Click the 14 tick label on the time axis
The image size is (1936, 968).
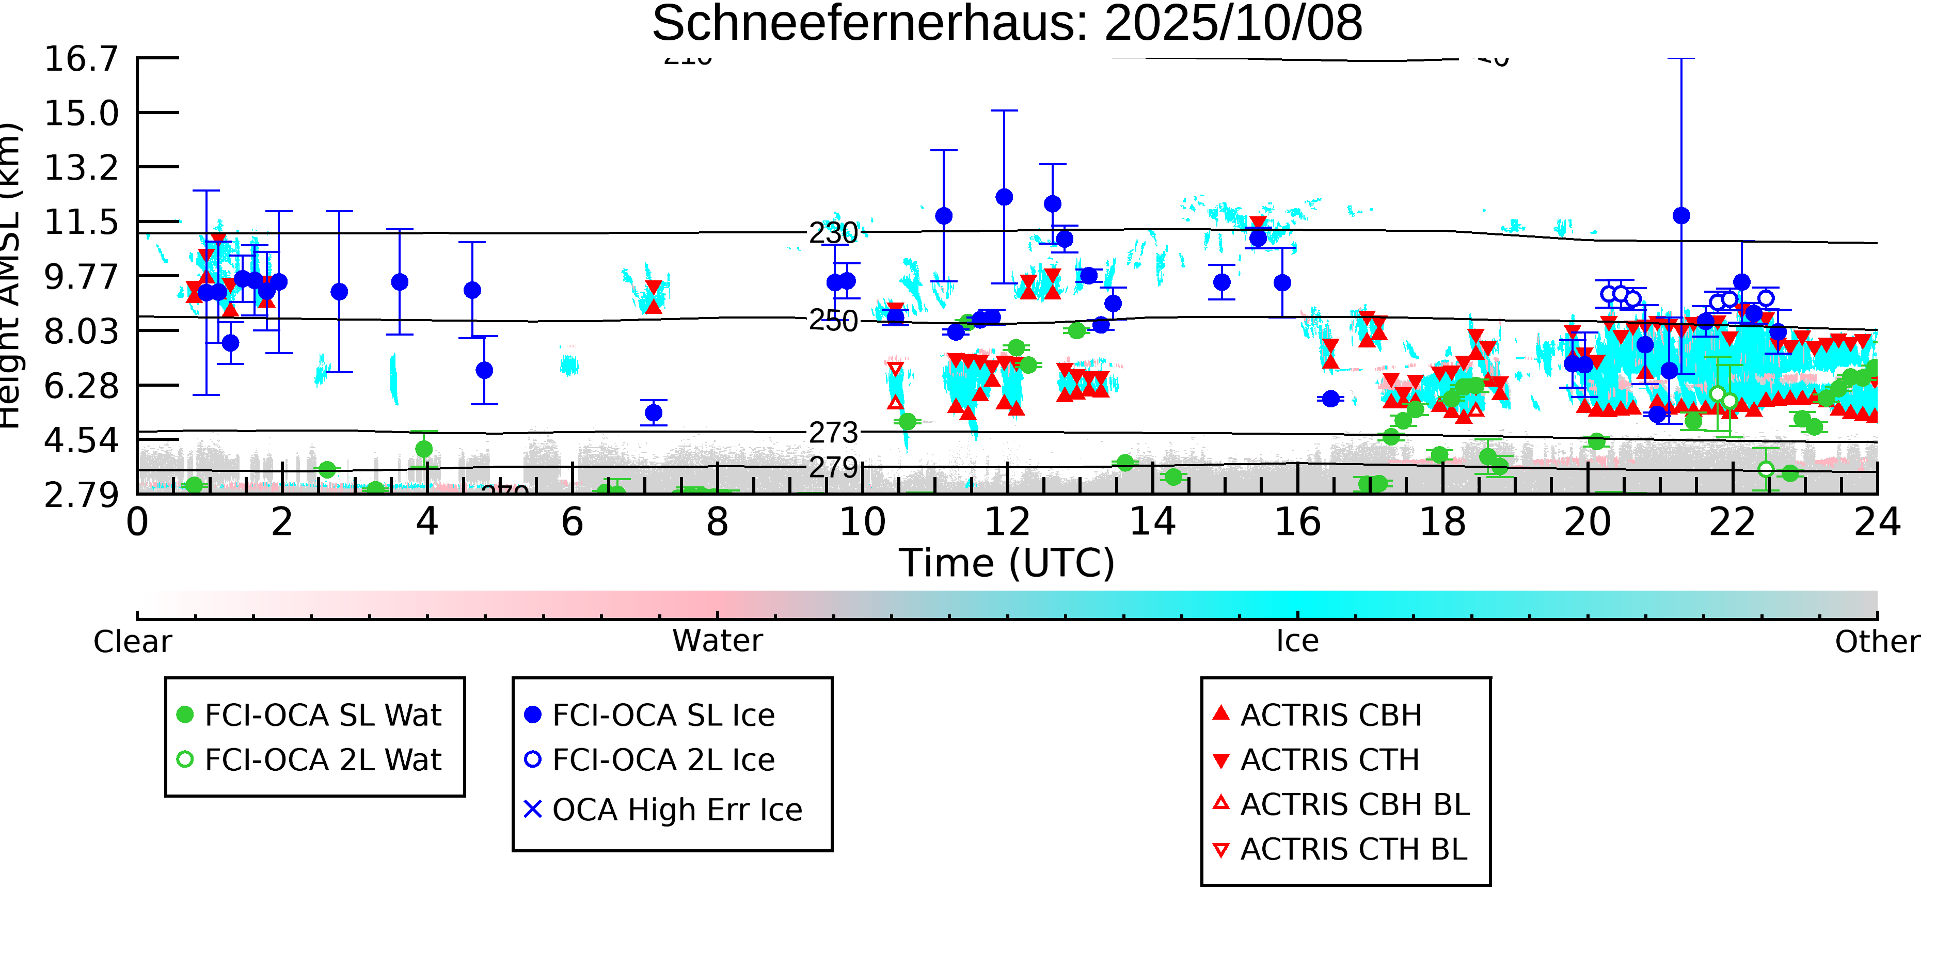pyautogui.click(x=1152, y=521)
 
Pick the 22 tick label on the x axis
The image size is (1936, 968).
pyautogui.click(x=1732, y=521)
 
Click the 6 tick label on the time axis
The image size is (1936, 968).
pyautogui.click(x=572, y=521)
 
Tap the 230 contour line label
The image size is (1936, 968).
pyautogui.click(x=833, y=233)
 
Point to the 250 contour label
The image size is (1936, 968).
pyautogui.click(x=833, y=321)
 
